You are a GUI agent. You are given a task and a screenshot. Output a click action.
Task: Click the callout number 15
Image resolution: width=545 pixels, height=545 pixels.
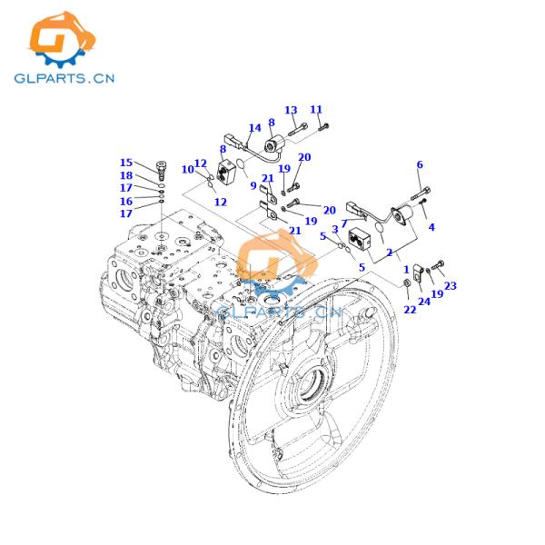125,163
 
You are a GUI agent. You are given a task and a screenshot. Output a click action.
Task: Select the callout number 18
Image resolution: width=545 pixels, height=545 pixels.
125,175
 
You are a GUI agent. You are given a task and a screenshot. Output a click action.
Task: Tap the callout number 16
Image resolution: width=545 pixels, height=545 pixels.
125,201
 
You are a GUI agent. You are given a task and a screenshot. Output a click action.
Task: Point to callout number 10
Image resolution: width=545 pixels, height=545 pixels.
186,170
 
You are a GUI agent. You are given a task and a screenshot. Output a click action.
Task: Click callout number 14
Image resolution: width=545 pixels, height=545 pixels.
254,128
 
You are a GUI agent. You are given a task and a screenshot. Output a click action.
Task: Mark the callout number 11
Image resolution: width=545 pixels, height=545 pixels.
316,110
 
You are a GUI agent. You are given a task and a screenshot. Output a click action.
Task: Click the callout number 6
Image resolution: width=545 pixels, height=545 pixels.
420,164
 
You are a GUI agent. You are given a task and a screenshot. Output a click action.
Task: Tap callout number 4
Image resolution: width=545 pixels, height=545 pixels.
431,227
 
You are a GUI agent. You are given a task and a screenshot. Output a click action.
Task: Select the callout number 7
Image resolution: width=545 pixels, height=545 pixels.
343,223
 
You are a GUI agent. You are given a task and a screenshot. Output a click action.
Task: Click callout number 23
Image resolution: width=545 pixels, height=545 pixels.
450,285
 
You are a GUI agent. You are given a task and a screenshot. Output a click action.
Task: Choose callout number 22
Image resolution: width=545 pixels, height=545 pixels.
410,310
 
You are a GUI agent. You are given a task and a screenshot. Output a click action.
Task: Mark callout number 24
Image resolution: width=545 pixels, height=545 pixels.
423,302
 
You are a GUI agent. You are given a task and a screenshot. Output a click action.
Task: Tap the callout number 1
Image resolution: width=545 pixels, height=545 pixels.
406,270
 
